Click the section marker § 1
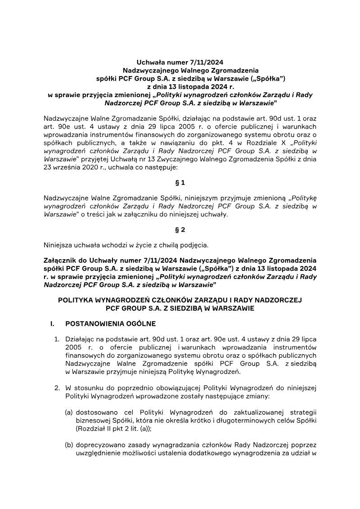[x=180, y=183]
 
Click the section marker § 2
[x=180, y=230]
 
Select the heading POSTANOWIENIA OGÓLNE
[x=111, y=323]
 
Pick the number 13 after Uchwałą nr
[x=143, y=159]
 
